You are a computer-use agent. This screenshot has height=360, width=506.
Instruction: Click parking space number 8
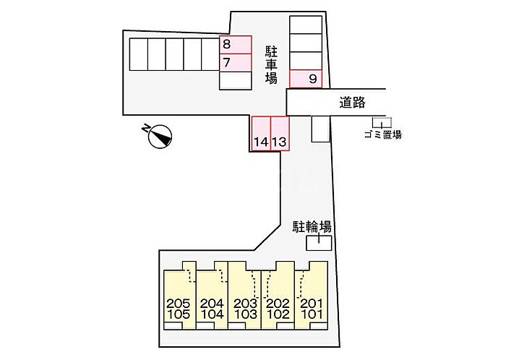(x=235, y=45)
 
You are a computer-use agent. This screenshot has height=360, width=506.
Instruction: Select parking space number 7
(x=235, y=63)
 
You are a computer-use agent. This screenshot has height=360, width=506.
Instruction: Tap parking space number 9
(x=306, y=79)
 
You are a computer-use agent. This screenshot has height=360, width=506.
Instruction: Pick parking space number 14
(x=261, y=134)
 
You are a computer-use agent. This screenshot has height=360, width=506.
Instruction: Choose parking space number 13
(x=280, y=134)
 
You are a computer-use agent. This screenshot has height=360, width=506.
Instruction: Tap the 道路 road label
(x=352, y=102)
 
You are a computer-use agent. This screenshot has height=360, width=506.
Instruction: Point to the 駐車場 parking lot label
(x=271, y=65)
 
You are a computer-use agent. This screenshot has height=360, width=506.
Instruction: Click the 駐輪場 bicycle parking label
(x=312, y=227)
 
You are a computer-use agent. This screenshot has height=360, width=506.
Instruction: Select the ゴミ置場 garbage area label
(x=383, y=135)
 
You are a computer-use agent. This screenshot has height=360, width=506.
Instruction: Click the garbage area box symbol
(x=382, y=123)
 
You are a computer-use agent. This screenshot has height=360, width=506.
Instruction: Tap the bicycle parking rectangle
(x=319, y=243)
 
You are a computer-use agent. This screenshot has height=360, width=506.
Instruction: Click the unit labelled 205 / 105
(x=180, y=296)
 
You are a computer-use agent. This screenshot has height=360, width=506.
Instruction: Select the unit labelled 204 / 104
(x=212, y=296)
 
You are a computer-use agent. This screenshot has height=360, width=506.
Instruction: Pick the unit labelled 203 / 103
(x=244, y=296)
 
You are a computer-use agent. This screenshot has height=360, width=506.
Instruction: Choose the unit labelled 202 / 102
(x=278, y=296)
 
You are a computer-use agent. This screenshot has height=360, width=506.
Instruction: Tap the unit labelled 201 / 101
(x=312, y=296)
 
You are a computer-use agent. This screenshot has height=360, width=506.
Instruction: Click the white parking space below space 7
(x=235, y=81)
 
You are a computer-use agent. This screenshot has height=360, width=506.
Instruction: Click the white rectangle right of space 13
(x=320, y=129)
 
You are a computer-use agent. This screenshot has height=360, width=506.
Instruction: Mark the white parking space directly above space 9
(x=306, y=61)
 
